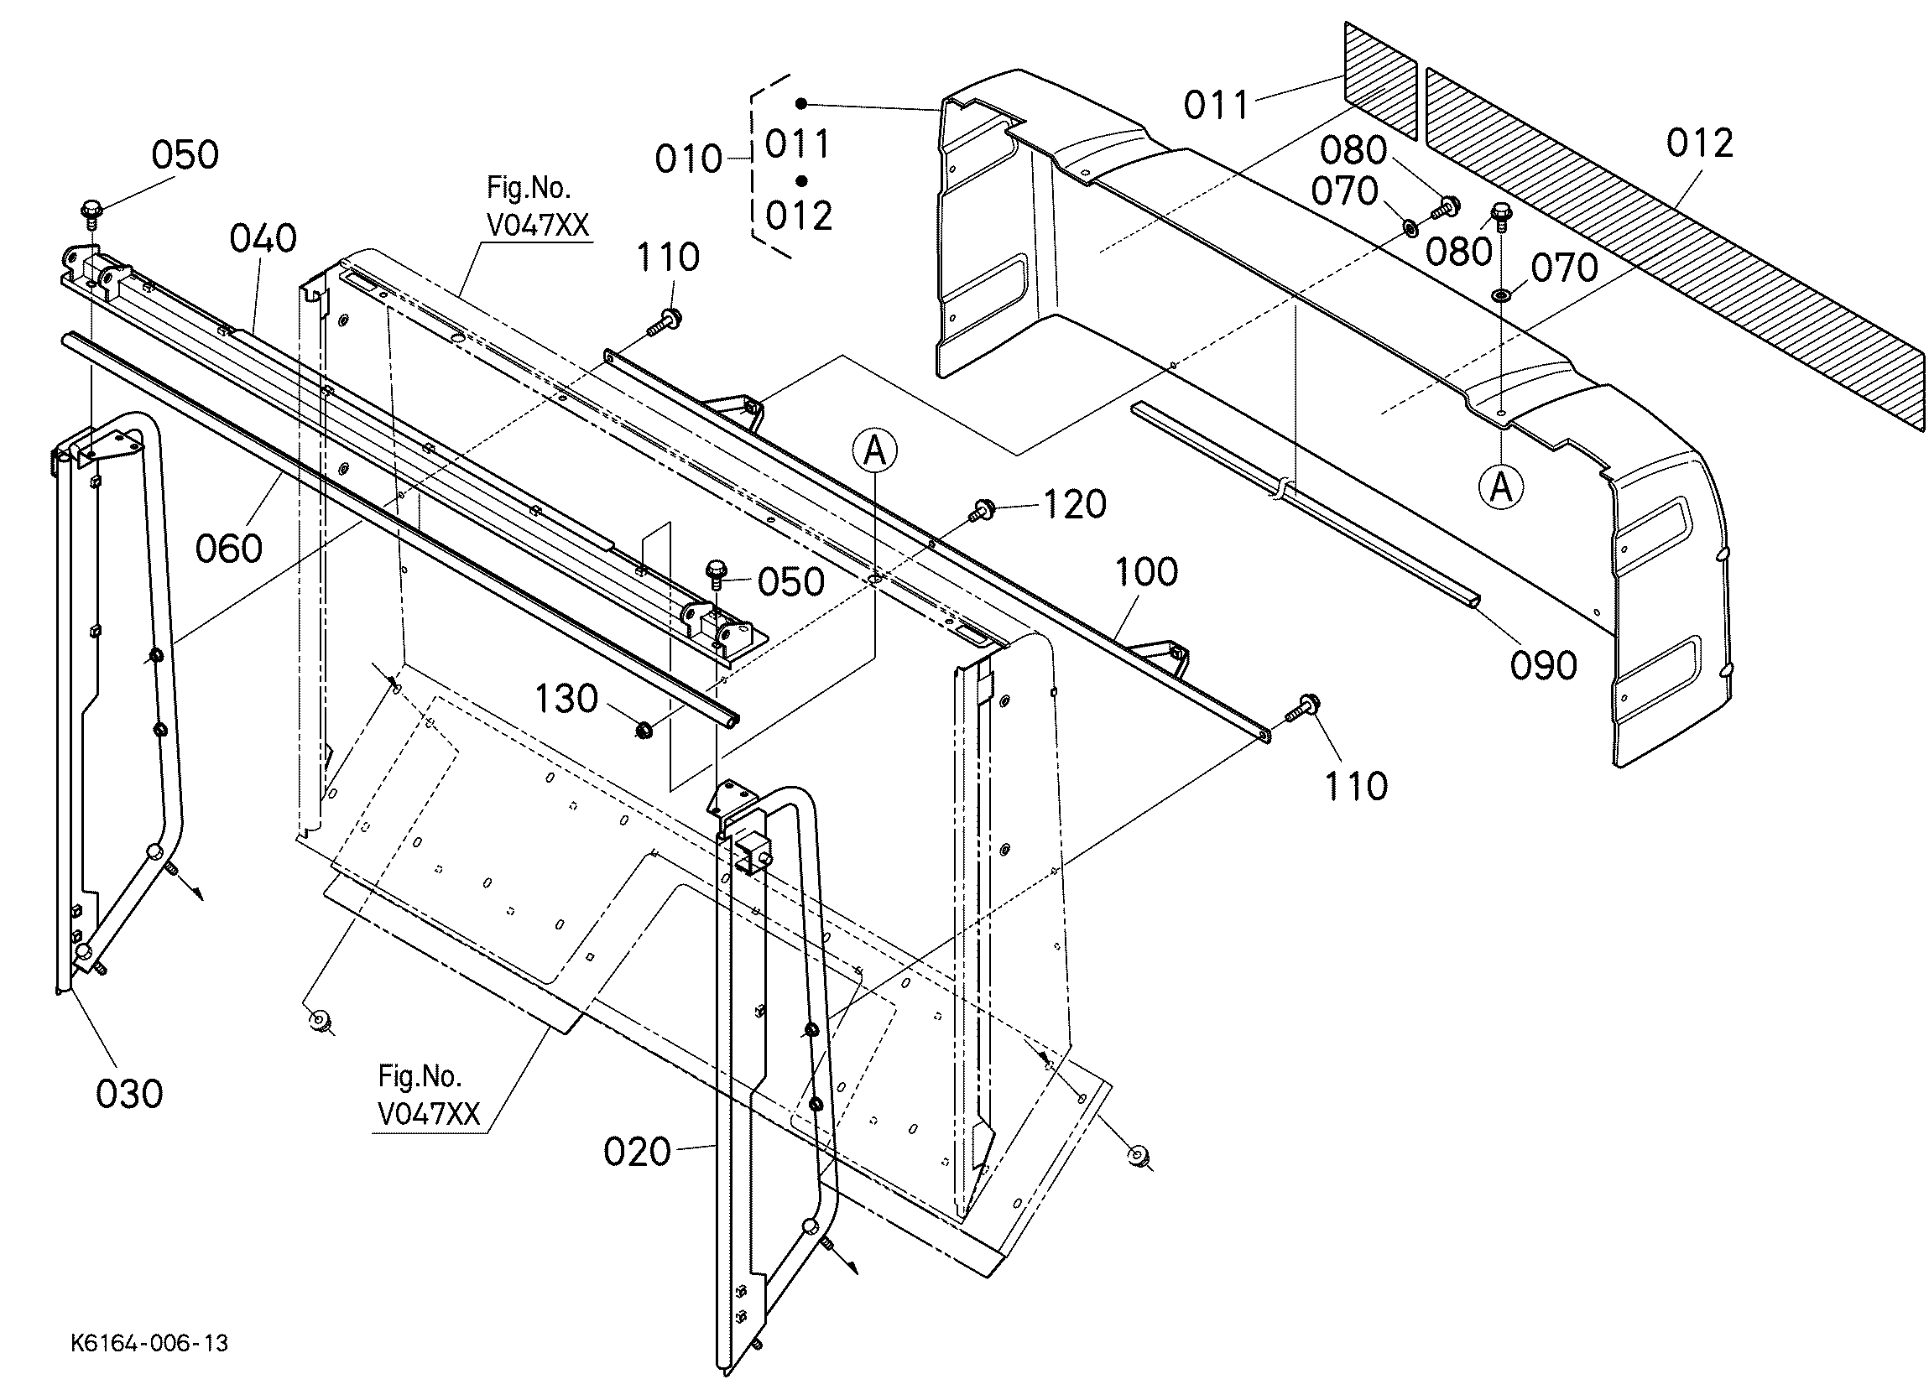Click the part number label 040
(x=263, y=238)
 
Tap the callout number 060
(x=229, y=548)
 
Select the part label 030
(x=129, y=1094)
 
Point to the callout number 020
(x=637, y=1152)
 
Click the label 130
(x=566, y=699)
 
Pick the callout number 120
(x=1075, y=504)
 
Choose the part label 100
(x=1146, y=571)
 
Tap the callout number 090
(x=1544, y=665)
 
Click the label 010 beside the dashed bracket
(x=689, y=159)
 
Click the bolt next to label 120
(x=983, y=511)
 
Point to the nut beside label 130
(x=644, y=729)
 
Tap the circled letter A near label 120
(x=875, y=451)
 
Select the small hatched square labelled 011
(x=1380, y=80)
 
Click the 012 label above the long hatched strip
(x=1699, y=143)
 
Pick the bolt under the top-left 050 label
(x=91, y=212)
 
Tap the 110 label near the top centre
(x=669, y=257)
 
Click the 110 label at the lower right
(x=1357, y=786)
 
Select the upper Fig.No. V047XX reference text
(x=538, y=206)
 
